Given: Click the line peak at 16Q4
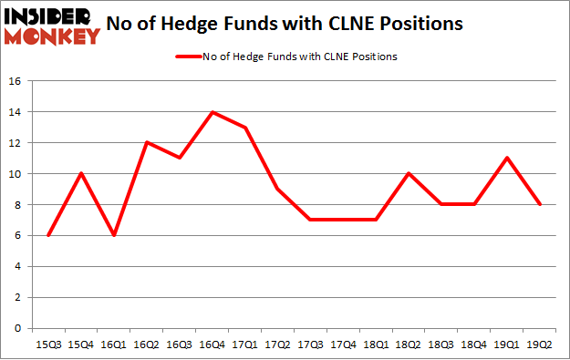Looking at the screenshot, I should click(212, 112).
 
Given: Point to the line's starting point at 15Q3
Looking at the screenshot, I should click(48, 235).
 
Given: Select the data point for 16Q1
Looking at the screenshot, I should click(114, 235).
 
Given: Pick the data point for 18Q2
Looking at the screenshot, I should click(407, 173).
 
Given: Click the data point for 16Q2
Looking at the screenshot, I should click(146, 142).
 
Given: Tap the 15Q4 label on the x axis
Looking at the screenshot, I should click(81, 344).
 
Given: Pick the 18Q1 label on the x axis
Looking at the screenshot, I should click(375, 344).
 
